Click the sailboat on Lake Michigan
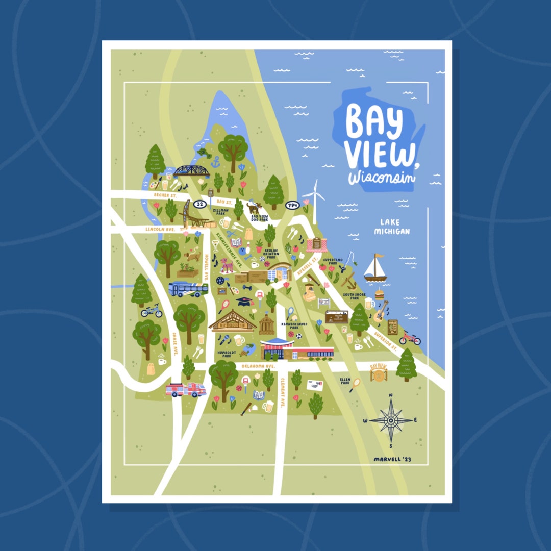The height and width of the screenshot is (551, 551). click(x=375, y=269)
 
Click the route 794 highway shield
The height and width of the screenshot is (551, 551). click(x=292, y=205)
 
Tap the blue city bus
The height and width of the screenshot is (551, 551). click(x=188, y=289)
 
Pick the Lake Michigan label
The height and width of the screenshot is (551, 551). click(x=391, y=227)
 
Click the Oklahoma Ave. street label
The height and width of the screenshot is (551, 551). click(x=258, y=366)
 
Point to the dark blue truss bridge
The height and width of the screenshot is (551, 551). click(x=190, y=171)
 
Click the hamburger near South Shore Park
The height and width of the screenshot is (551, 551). click(x=379, y=294)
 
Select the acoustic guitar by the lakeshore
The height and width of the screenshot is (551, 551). click(x=380, y=312)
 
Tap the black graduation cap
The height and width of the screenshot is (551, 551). click(x=244, y=301)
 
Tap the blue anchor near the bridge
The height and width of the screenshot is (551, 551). click(x=215, y=162)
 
